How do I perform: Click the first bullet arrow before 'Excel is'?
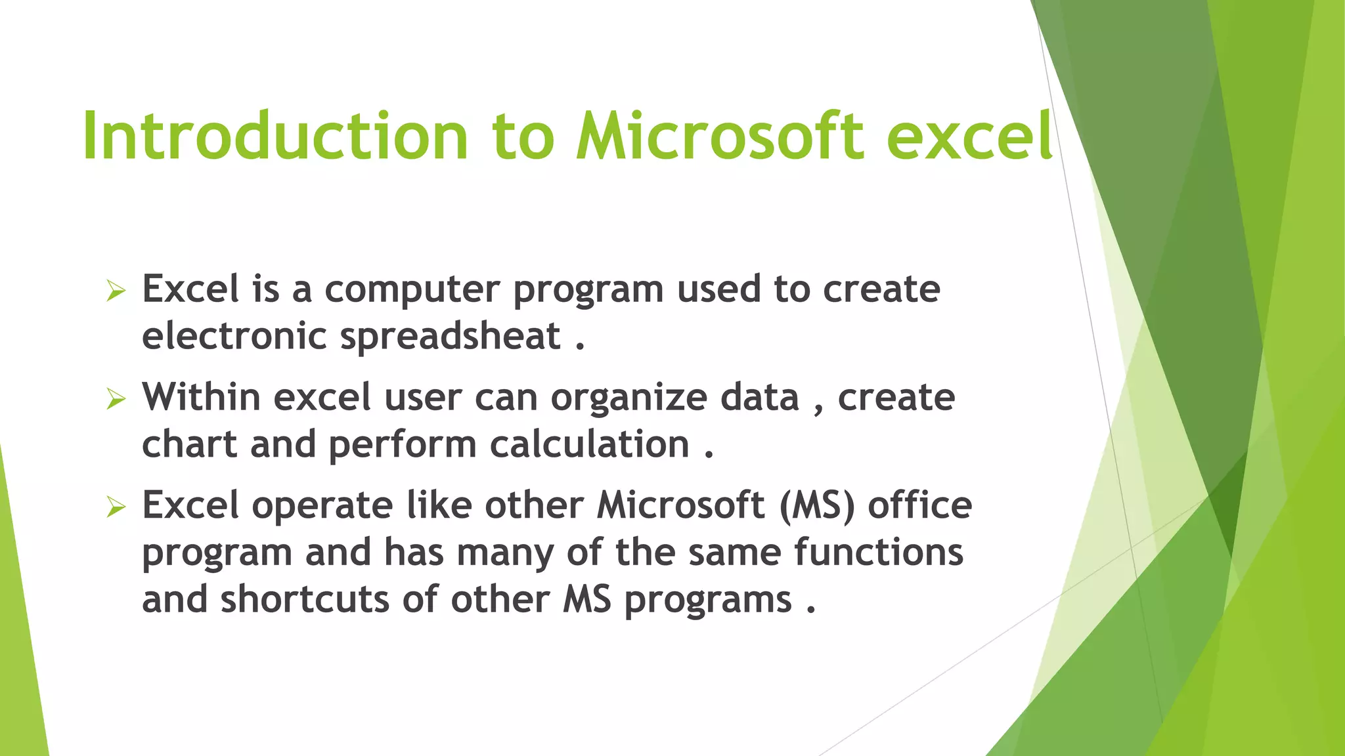tap(116, 290)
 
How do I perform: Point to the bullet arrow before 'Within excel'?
tap(116, 398)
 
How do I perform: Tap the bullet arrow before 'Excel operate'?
tap(116, 507)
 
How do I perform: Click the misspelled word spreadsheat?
tap(450, 337)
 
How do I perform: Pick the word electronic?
tap(234, 336)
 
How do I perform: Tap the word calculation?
tap(589, 445)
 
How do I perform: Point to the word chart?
tap(189, 444)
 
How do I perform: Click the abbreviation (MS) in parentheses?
tap(817, 506)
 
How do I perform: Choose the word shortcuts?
tap(305, 600)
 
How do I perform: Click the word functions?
tap(879, 553)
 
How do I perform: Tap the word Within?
tap(201, 398)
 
